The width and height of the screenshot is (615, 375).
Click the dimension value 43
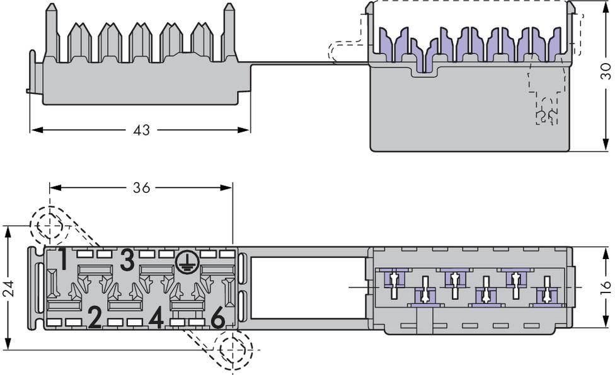click(x=142, y=130)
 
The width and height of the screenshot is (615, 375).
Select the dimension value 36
click(x=141, y=188)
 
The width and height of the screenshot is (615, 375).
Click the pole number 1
click(x=63, y=259)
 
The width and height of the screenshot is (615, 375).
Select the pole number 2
click(x=95, y=318)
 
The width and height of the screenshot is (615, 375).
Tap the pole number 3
click(x=128, y=260)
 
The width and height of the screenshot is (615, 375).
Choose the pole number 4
click(x=156, y=318)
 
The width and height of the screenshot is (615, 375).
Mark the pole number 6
click(x=217, y=319)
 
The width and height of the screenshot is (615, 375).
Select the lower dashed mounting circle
click(x=233, y=349)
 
